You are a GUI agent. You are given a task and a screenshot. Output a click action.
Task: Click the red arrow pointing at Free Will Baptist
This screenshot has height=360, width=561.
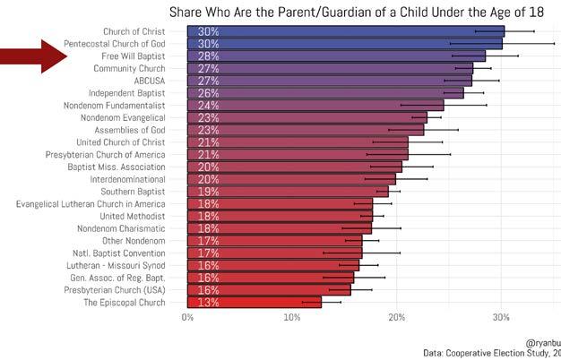(x=34, y=56)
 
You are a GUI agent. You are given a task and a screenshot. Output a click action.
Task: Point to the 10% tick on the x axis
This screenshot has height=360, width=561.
(x=292, y=317)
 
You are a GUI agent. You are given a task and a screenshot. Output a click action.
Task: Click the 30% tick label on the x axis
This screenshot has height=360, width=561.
(x=501, y=317)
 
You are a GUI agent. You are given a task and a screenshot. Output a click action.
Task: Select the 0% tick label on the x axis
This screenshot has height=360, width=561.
(x=188, y=317)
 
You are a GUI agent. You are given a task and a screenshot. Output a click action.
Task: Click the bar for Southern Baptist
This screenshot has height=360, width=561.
(x=287, y=192)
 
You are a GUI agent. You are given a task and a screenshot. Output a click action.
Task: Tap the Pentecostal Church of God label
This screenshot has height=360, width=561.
(x=115, y=43)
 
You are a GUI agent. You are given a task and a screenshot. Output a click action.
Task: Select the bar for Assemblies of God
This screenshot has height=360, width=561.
(x=305, y=129)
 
